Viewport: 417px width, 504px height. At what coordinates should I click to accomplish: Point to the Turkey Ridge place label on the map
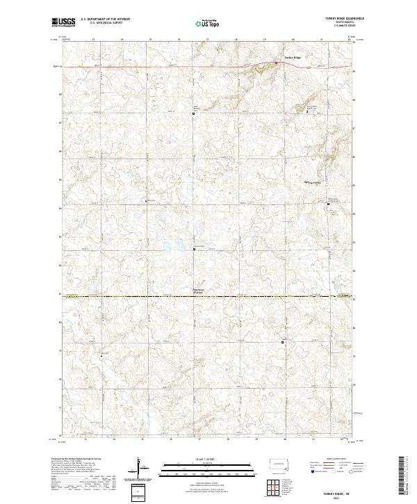tap(293, 57)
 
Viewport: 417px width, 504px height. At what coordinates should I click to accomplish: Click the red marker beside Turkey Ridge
tap(275, 63)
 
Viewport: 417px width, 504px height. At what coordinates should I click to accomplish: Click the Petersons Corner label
tap(199, 291)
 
